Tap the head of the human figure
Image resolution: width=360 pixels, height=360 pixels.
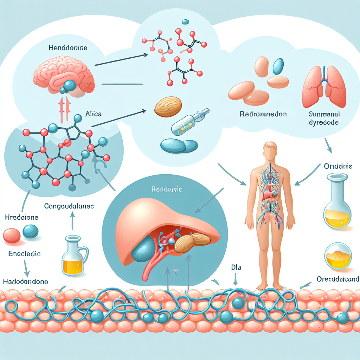pos(269,150)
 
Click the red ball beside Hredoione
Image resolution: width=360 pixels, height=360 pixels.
pos(12,235)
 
